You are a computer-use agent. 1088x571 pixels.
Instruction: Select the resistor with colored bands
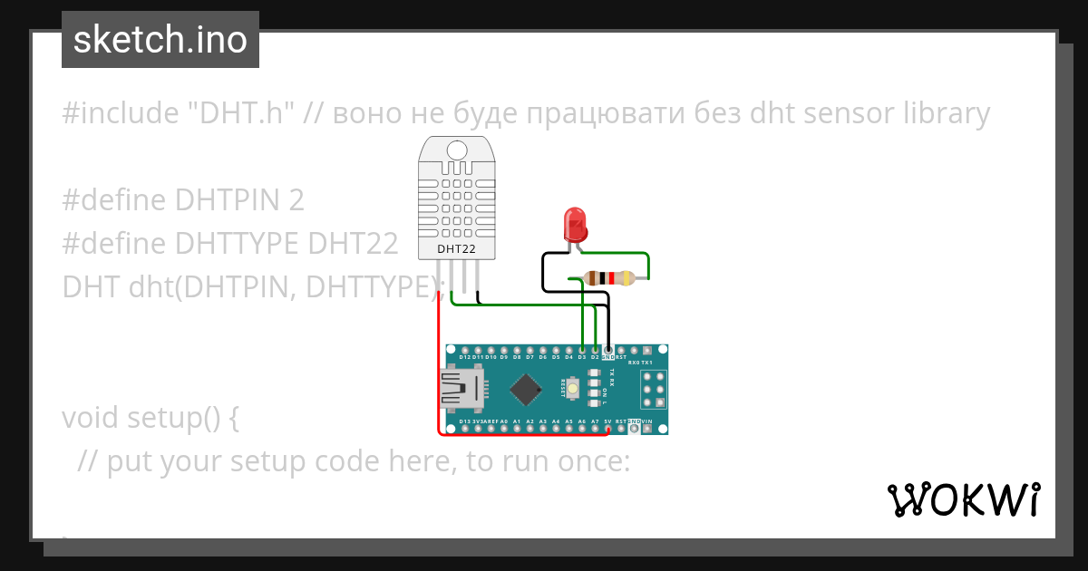[x=608, y=278]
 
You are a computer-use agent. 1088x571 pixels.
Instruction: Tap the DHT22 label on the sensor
[x=456, y=248]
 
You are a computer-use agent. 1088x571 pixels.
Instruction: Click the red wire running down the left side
[x=438, y=363]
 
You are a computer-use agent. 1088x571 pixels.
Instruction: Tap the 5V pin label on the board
[x=607, y=422]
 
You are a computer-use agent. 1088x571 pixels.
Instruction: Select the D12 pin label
[x=464, y=357]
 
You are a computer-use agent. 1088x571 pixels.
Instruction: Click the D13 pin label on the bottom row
[x=464, y=422]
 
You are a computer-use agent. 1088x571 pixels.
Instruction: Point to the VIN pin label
[x=646, y=422]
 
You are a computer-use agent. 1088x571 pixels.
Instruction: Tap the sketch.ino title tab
[x=160, y=40]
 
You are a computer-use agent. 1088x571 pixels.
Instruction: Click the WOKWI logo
[x=963, y=499]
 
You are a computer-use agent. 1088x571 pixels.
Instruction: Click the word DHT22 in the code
[x=353, y=244]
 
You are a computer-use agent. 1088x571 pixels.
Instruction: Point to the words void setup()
[x=150, y=418]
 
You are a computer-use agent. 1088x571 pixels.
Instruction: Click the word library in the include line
[x=947, y=113]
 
